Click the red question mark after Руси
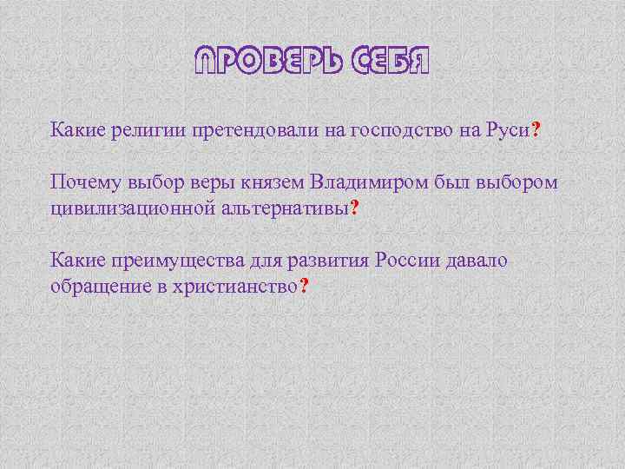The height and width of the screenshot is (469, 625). coord(536,130)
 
